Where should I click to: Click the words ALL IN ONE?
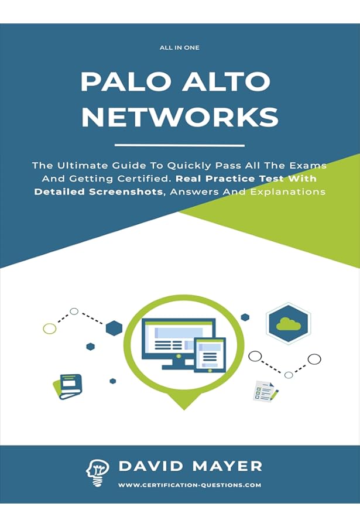click(179, 47)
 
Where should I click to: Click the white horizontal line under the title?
click(180, 145)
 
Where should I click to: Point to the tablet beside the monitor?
click(210, 357)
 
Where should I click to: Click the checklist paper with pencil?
click(265, 390)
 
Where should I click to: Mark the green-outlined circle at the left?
click(50, 328)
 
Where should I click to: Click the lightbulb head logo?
click(98, 471)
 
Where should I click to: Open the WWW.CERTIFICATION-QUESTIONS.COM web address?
click(190, 485)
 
